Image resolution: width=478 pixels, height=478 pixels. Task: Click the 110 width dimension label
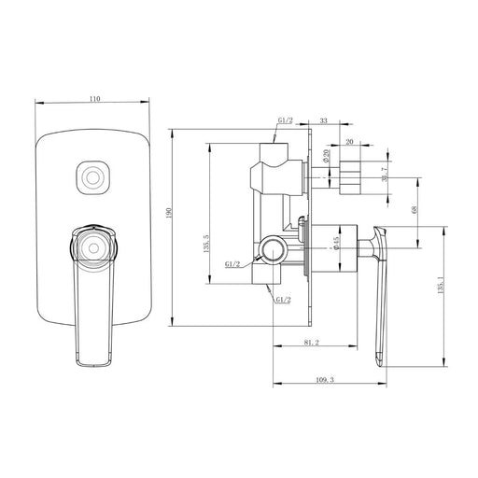93,96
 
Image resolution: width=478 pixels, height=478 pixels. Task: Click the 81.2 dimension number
311,343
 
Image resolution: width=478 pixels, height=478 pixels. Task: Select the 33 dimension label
322,121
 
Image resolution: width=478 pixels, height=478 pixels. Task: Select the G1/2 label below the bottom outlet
283,299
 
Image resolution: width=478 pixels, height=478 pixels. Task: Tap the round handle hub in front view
92,246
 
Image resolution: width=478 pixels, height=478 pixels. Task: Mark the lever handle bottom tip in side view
380,358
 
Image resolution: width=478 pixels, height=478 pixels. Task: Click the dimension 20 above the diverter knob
349,143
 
